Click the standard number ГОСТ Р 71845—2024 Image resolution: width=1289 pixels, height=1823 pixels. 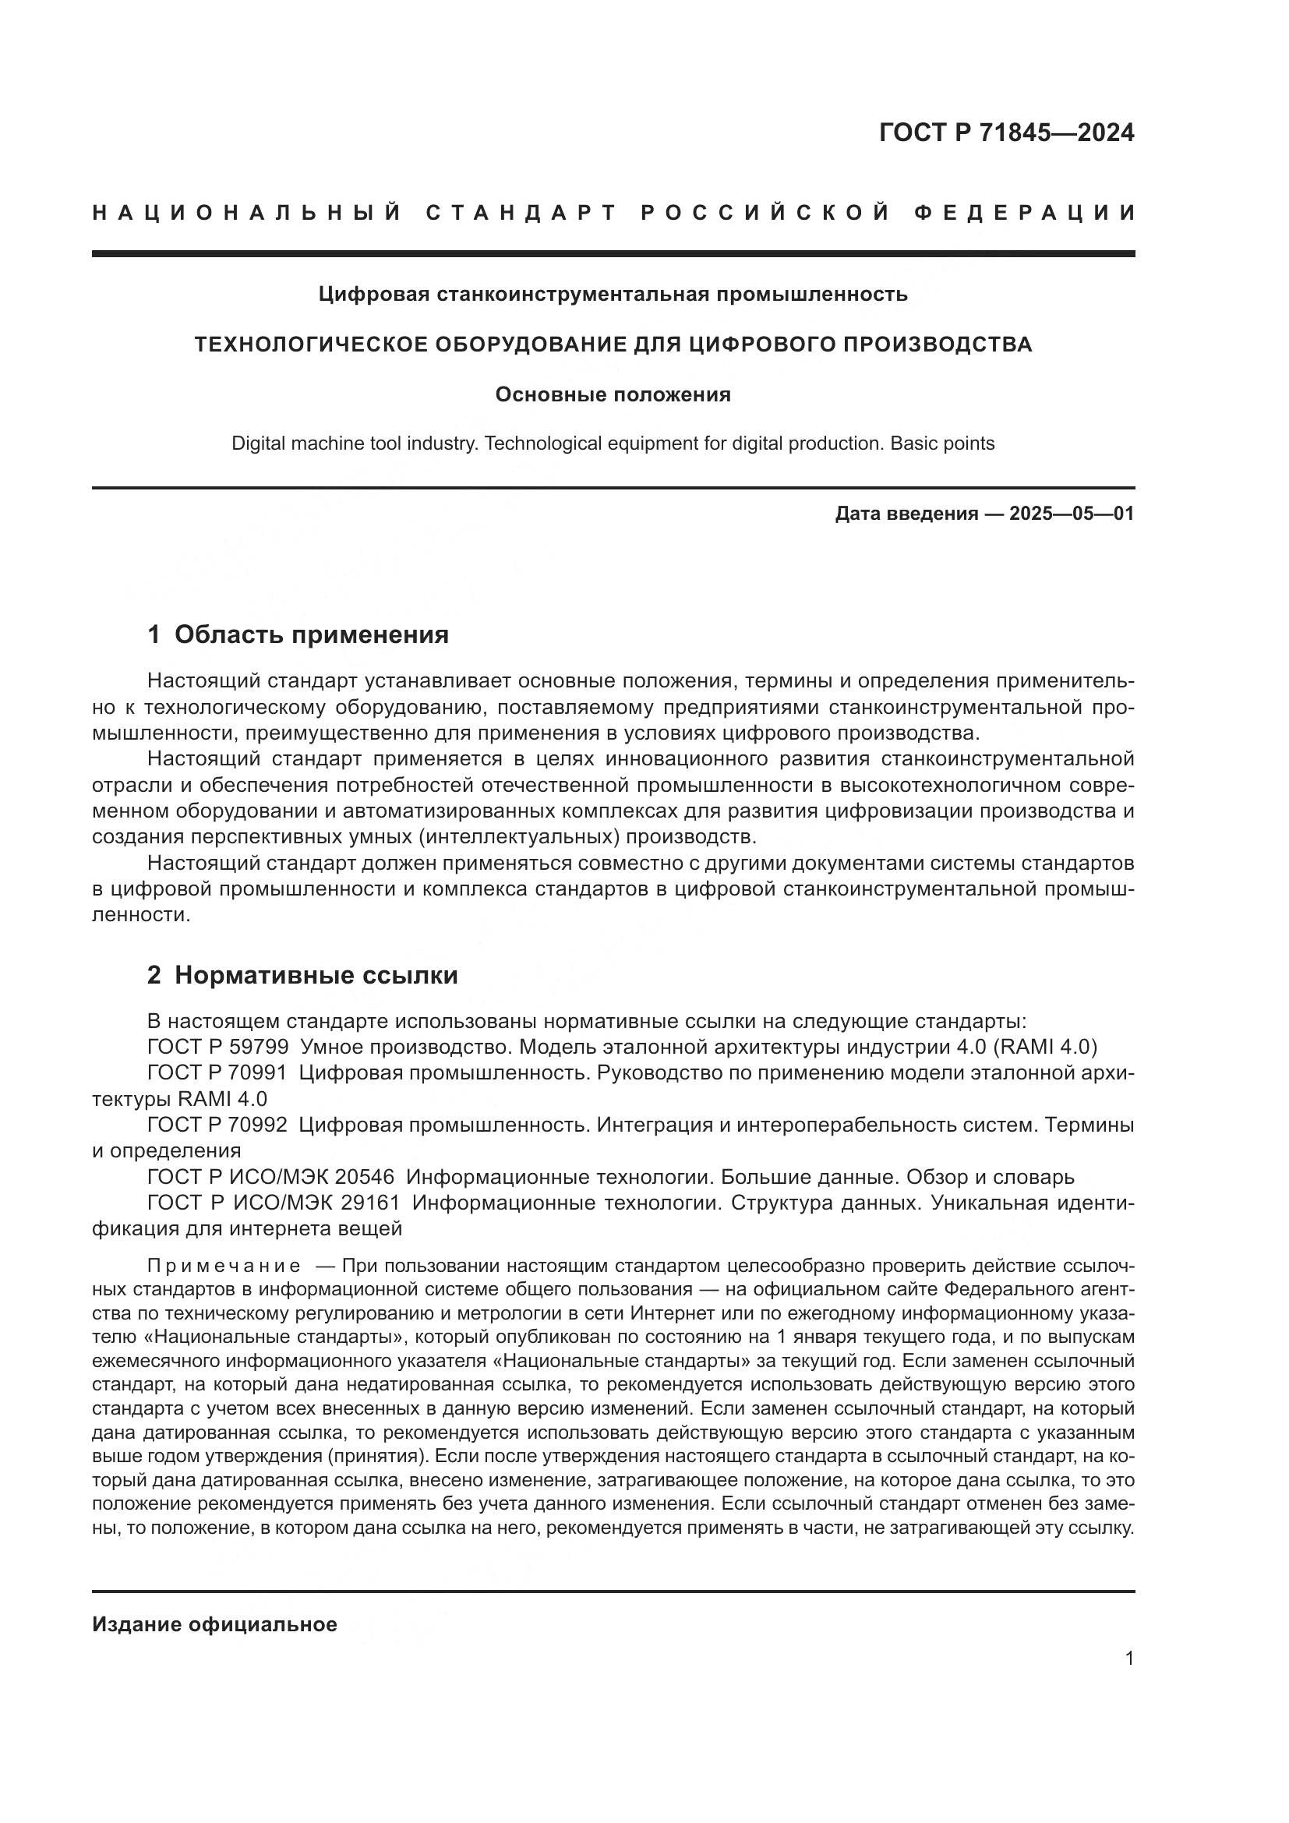(x=1005, y=132)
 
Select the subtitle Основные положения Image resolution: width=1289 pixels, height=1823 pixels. (x=613, y=394)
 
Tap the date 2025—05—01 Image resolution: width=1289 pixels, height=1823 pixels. (x=1071, y=514)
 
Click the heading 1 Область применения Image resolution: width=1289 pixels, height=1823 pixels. (x=298, y=634)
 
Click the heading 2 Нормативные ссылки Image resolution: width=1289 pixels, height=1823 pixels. (x=302, y=975)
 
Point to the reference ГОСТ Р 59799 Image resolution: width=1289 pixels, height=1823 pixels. (x=217, y=1048)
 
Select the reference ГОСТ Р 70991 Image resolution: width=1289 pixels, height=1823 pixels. (x=217, y=1073)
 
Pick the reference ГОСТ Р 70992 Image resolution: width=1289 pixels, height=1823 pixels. (x=217, y=1125)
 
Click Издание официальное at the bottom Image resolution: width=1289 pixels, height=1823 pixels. (x=214, y=1624)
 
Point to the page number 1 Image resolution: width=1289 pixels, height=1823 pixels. (x=1128, y=1659)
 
